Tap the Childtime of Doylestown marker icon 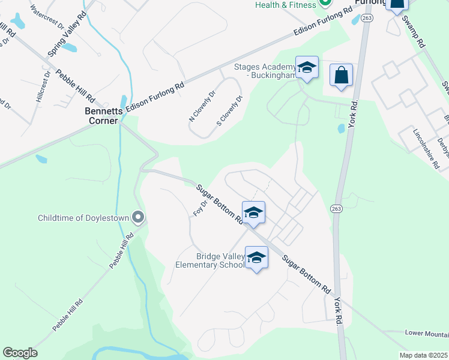139,217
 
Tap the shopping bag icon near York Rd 341,76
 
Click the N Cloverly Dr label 202,106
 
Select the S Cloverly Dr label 229,112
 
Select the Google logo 20,353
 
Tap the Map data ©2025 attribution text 423,355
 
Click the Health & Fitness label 285,5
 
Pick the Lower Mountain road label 427,333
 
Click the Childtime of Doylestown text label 84,217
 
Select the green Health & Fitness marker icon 325,3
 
